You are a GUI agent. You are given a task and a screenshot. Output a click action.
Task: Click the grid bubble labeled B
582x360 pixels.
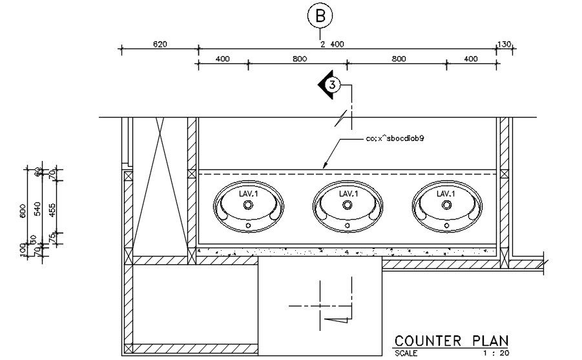(x=319, y=17)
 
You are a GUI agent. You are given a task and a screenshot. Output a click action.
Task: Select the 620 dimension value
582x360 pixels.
(x=160, y=44)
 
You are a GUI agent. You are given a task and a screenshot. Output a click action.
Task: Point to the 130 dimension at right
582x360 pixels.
(x=504, y=44)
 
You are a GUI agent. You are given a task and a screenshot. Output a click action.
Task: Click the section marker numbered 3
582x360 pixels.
(x=331, y=85)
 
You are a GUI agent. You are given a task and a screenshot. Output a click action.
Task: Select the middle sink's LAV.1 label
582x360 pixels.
(x=348, y=193)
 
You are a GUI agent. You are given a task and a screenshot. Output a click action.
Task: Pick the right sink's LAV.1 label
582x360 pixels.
(x=446, y=193)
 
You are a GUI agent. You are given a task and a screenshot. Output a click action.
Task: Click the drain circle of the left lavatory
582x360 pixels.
(x=249, y=205)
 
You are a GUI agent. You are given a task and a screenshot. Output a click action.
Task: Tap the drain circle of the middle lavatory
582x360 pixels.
(x=348, y=205)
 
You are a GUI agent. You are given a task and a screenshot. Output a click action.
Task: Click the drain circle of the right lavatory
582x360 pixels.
(x=446, y=205)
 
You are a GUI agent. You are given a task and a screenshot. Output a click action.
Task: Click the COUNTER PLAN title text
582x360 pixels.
(x=451, y=341)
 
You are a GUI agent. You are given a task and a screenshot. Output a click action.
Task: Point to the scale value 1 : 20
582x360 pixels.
(x=495, y=354)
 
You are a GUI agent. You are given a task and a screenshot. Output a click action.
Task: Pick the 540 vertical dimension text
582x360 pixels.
(x=37, y=209)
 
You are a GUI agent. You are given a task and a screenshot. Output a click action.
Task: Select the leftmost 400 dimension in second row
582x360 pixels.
(x=222, y=59)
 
